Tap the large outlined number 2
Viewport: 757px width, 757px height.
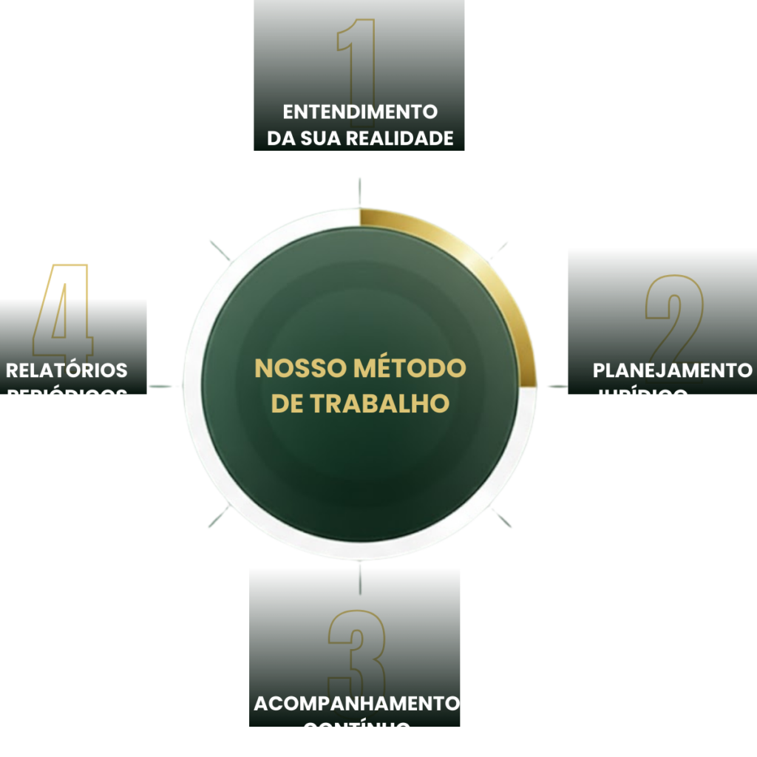click(x=674, y=318)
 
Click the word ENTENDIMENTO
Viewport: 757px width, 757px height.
click(x=360, y=112)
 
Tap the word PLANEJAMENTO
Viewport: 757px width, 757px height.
click(x=672, y=370)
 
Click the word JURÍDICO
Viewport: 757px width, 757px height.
click(x=640, y=396)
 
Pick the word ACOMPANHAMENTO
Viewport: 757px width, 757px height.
click(x=357, y=703)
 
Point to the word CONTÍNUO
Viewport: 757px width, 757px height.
click(x=357, y=730)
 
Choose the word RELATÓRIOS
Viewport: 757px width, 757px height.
click(x=67, y=370)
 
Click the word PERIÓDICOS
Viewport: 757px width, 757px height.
click(x=67, y=396)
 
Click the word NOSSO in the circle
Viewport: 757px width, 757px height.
click(x=301, y=369)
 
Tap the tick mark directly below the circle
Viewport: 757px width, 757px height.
click(x=359, y=580)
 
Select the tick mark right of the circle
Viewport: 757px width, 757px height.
click(x=556, y=386)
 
